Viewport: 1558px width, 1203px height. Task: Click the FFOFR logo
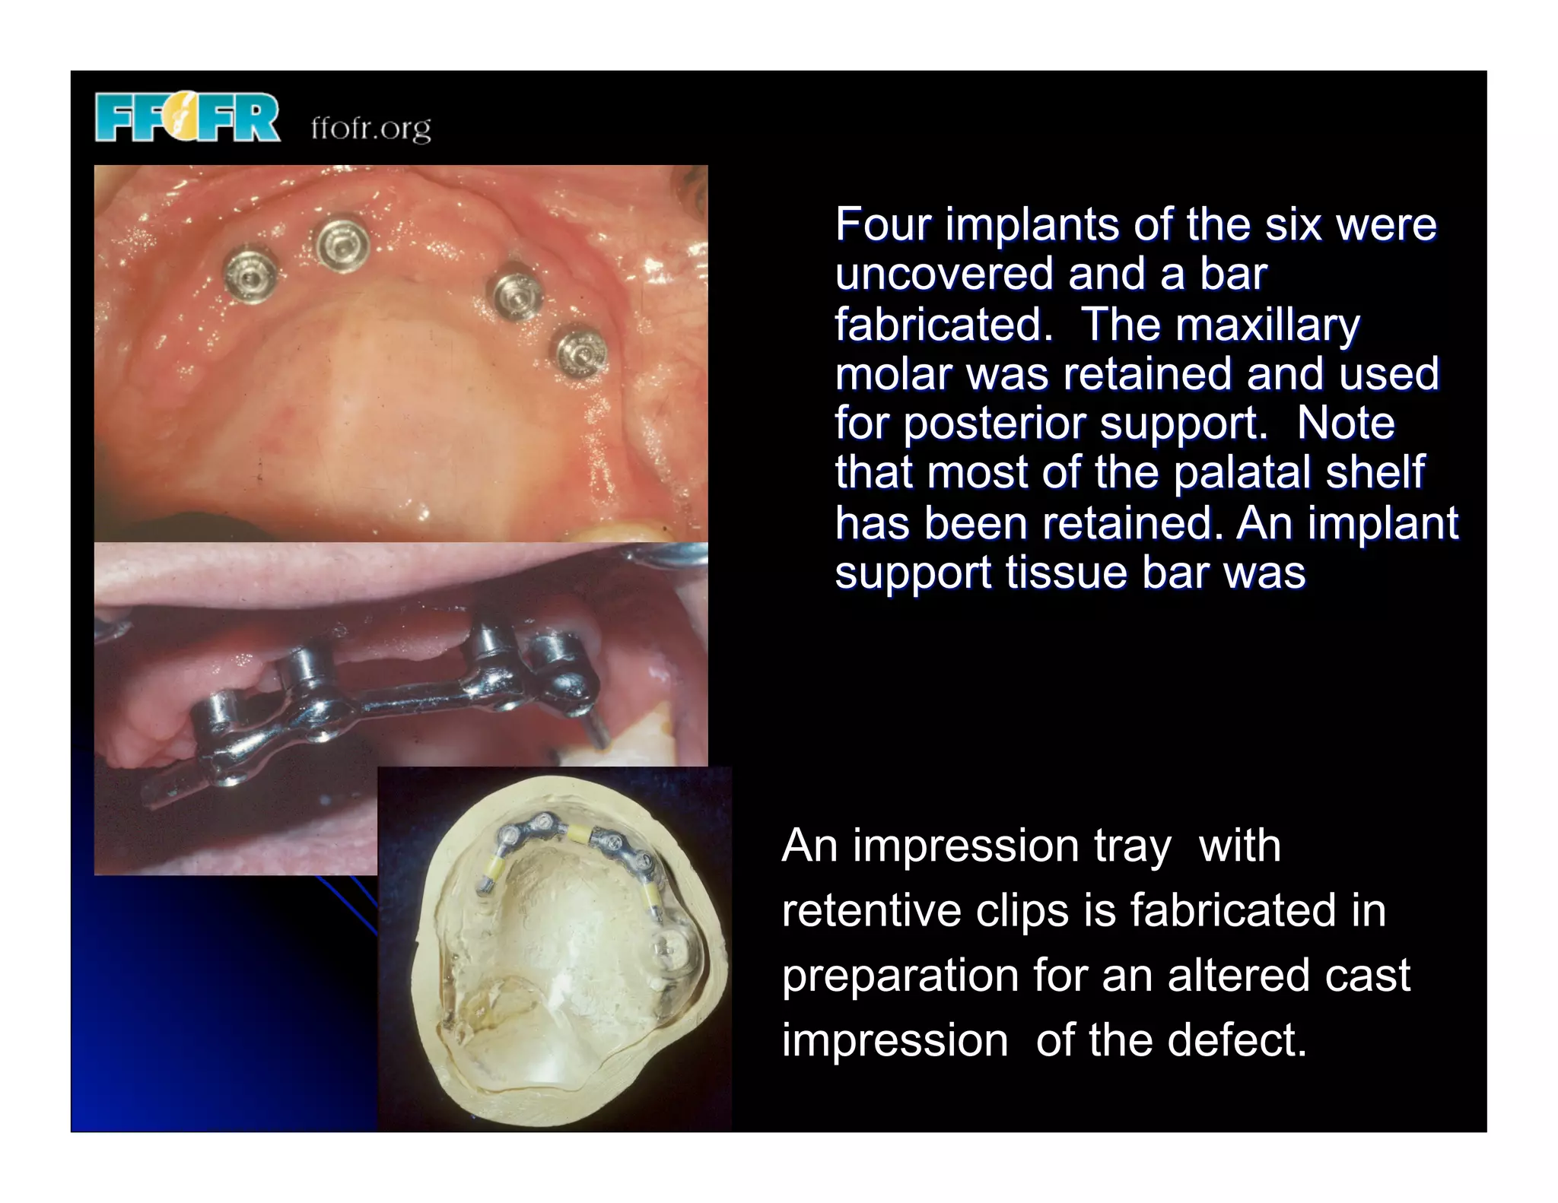(x=187, y=117)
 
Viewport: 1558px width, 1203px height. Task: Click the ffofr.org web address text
(x=370, y=128)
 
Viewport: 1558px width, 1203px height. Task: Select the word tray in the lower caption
(x=1132, y=846)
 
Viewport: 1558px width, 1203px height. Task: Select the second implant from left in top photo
(x=343, y=244)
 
